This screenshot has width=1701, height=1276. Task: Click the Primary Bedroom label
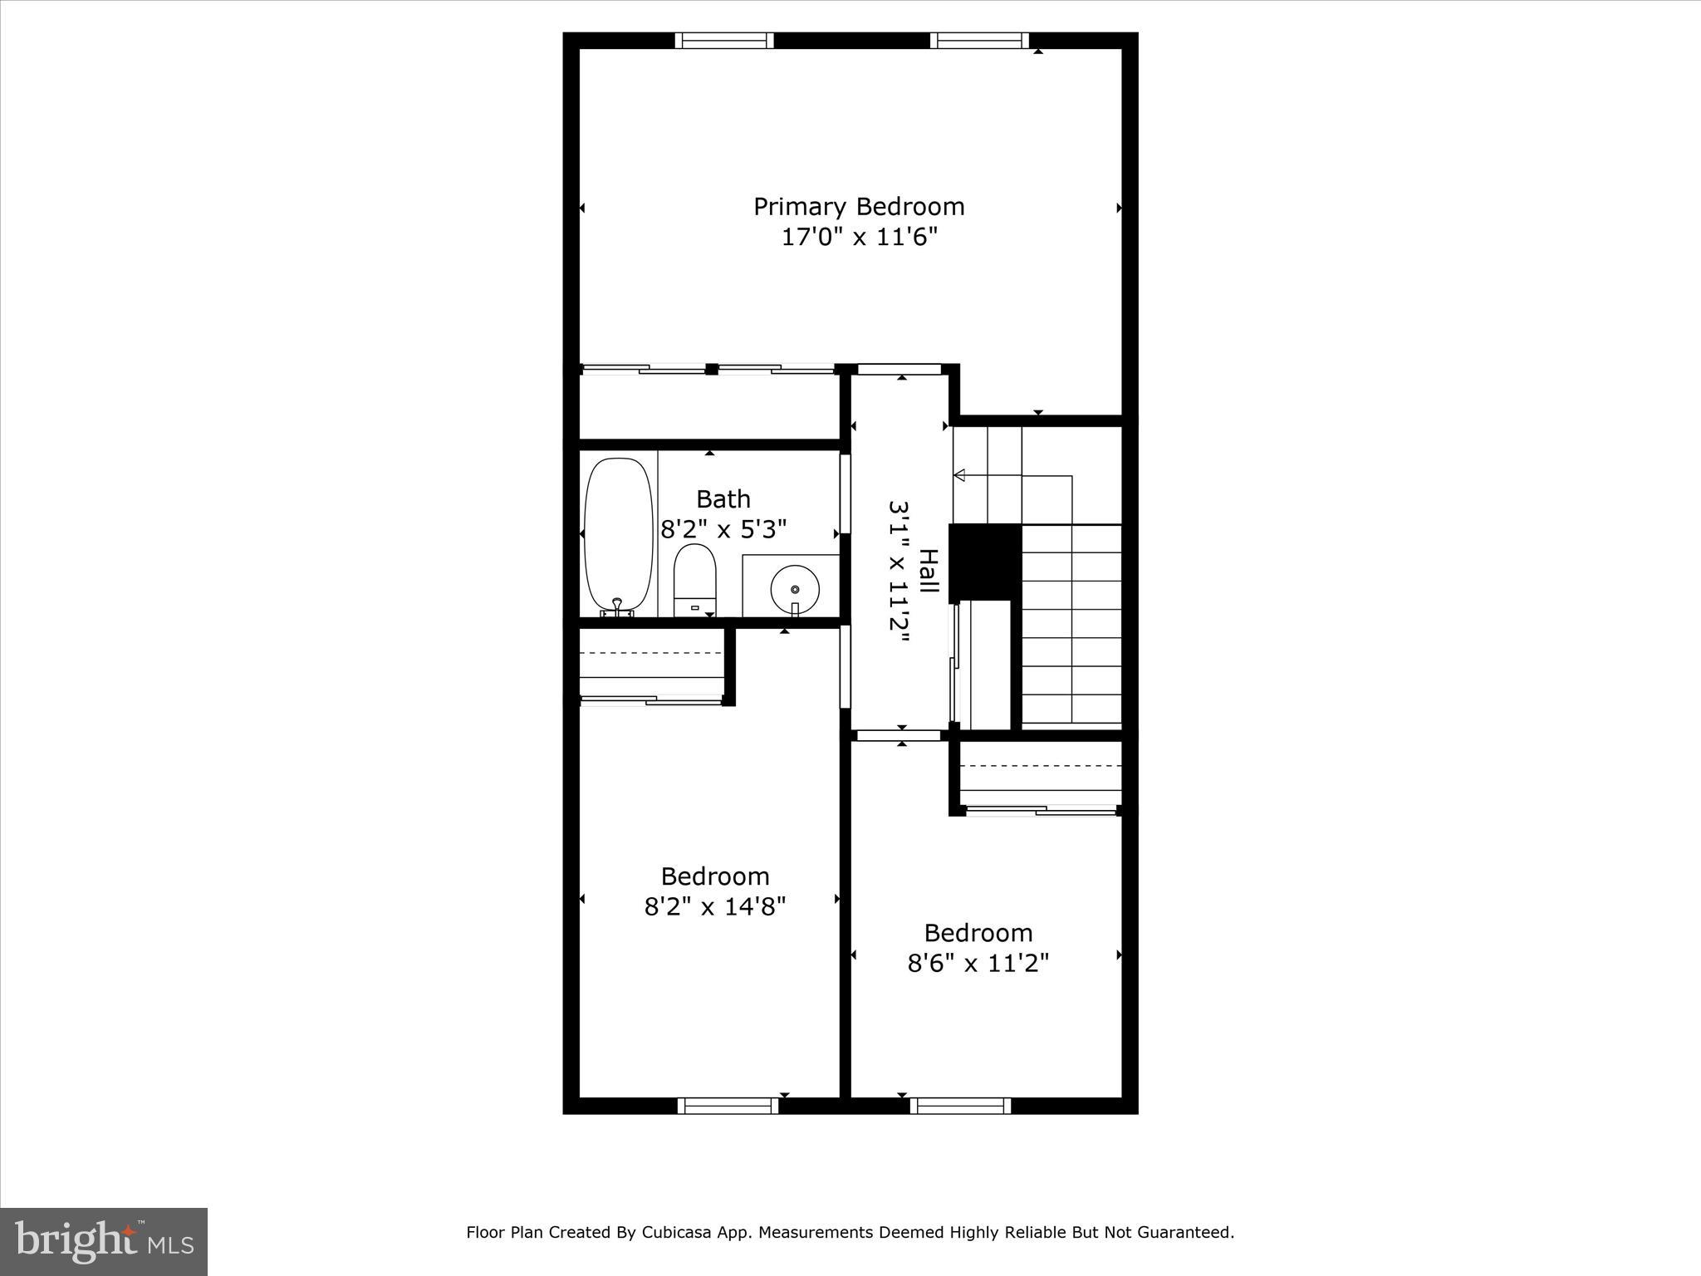[x=859, y=206]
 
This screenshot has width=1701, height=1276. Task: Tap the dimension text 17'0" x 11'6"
[x=859, y=238]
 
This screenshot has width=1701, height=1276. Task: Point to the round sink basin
[x=795, y=588]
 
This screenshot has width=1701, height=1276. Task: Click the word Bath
[x=723, y=499]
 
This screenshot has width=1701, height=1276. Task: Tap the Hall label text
[x=929, y=571]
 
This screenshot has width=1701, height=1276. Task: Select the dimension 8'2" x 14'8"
[x=714, y=906]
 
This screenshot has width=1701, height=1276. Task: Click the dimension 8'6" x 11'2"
[x=978, y=964]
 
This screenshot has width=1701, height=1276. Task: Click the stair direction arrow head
[x=959, y=475]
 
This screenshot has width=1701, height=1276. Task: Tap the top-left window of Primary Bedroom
[x=724, y=41]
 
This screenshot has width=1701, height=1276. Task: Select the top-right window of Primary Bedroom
[x=979, y=41]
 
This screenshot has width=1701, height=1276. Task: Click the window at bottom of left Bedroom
[x=728, y=1105]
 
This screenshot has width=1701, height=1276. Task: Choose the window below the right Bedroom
[x=960, y=1105]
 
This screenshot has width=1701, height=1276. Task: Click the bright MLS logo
[x=104, y=1241]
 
